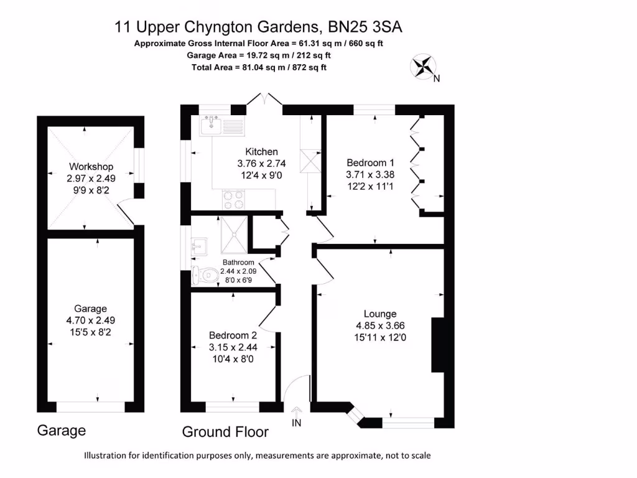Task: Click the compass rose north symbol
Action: click(x=424, y=67)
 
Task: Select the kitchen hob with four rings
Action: click(x=233, y=199)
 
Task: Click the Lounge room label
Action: click(x=380, y=314)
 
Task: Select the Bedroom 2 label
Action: click(x=233, y=335)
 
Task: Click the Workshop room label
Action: click(x=91, y=166)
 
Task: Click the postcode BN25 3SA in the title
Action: click(x=368, y=27)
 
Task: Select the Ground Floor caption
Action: click(x=225, y=432)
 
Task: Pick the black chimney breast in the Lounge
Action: click(x=437, y=345)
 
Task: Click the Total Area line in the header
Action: click(x=259, y=67)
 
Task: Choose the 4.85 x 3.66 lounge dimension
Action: click(x=380, y=326)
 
